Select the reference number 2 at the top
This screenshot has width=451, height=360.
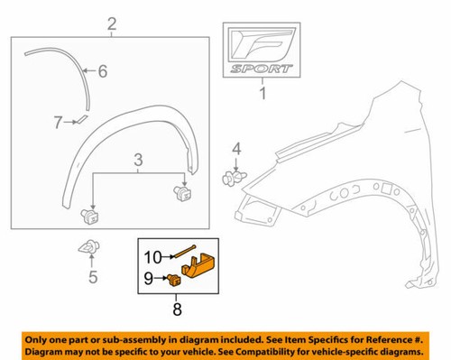pyautogui.click(x=112, y=23)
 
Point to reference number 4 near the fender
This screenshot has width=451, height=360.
pyautogui.click(x=236, y=148)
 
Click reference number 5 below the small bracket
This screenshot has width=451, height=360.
pyautogui.click(x=92, y=277)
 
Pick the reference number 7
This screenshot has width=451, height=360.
pyautogui.click(x=57, y=121)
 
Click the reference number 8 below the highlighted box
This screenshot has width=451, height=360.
pyautogui.click(x=177, y=309)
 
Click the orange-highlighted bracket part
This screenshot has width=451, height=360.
pyautogui.click(x=198, y=267)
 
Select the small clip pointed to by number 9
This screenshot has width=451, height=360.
pyautogui.click(x=171, y=280)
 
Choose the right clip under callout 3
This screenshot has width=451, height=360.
pyautogui.click(x=182, y=192)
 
